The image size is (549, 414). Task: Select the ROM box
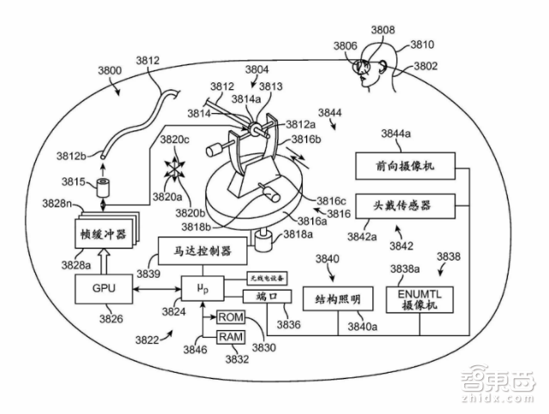(231, 316)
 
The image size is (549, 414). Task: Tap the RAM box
(231, 337)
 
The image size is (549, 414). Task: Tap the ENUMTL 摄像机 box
(418, 300)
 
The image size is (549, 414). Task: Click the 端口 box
(261, 296)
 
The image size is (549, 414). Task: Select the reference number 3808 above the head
(383, 30)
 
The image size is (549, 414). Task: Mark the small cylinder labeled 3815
(106, 186)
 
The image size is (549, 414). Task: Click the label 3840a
(362, 326)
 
